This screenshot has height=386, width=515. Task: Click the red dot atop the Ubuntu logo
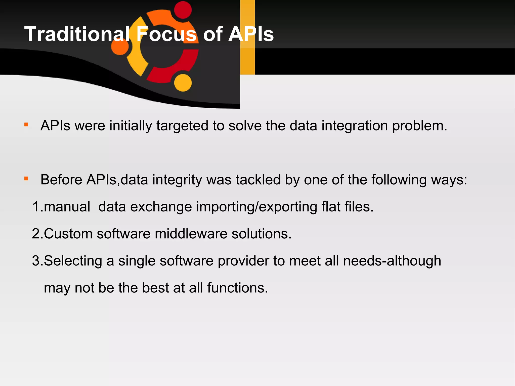click(183, 10)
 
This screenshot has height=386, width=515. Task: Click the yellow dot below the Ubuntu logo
click(183, 83)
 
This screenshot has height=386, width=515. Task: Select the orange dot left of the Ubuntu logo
click(120, 46)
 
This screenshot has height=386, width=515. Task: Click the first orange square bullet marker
click(26, 124)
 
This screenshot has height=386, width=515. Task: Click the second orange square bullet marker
click(26, 179)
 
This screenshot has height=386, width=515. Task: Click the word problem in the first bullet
click(419, 125)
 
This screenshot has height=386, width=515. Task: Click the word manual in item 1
click(67, 207)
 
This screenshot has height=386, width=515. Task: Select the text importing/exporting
click(256, 207)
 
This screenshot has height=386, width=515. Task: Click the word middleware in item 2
click(191, 234)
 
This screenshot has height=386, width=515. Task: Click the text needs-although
click(392, 261)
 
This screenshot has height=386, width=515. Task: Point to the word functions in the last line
click(237, 288)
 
